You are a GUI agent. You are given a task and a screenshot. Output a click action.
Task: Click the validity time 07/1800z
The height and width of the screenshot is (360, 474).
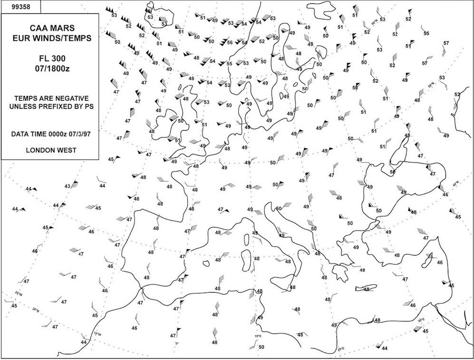pyautogui.click(x=50, y=66)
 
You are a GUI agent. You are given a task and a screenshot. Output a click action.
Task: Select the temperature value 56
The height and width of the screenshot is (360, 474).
pyautogui.click(x=229, y=43)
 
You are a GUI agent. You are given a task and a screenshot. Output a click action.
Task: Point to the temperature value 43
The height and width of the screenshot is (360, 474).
pyautogui.click(x=67, y=186)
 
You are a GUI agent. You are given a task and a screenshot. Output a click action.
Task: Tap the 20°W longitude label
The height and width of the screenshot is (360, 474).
pyautogui.click(x=18, y=293)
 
